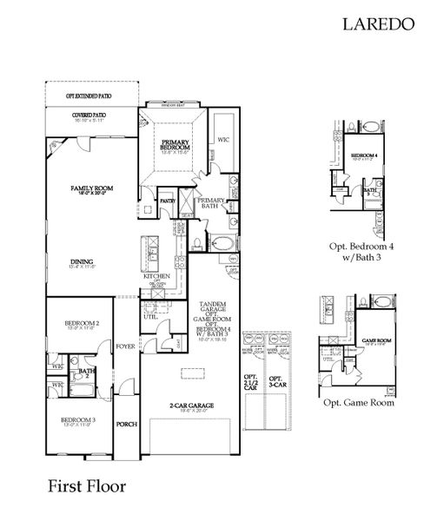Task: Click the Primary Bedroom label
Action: click(175, 145)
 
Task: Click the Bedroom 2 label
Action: click(82, 323)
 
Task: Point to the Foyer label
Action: click(126, 346)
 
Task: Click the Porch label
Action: click(127, 425)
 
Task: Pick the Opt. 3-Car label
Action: click(275, 382)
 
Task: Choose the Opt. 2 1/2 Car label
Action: click(251, 383)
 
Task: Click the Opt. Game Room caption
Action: click(359, 403)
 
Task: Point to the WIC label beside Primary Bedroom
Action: click(223, 138)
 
